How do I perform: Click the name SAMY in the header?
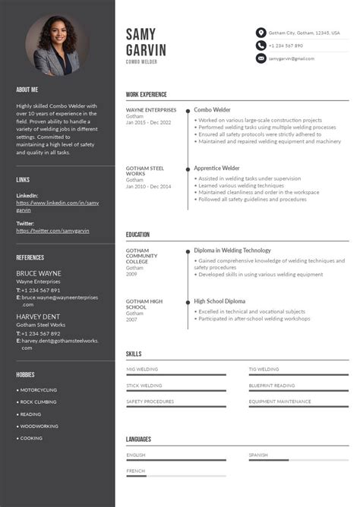pos(141,34)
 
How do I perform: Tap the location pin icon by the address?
pos(261,33)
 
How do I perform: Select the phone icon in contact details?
pos(261,46)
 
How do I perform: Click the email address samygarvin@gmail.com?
pos(291,58)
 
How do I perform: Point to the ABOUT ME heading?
pos(27,90)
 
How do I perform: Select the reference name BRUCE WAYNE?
pos(39,272)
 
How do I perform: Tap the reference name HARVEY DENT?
pos(39,316)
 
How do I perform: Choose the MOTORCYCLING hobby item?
pos(38,390)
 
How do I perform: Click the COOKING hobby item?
pos(31,438)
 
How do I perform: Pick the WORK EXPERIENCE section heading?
pos(147,94)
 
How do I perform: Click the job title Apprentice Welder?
pos(216,168)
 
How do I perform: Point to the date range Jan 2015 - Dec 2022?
pos(149,122)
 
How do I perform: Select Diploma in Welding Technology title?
pos(232,250)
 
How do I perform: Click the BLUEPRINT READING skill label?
pos(271,386)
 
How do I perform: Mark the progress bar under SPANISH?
pos(298,460)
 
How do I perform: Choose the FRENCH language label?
pos(136,471)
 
